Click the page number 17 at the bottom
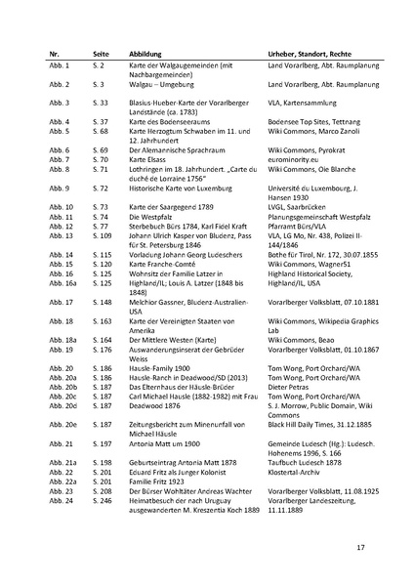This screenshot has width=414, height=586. [x=360, y=546]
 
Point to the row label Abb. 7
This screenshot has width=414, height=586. [x=61, y=158]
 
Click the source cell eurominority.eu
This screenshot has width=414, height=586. [x=294, y=158]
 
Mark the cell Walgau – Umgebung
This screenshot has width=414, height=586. [x=160, y=86]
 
